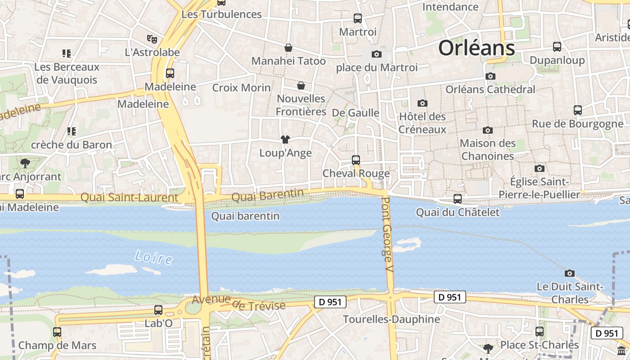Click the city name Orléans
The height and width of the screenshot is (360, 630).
click(476, 48)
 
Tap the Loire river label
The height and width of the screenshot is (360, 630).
click(153, 258)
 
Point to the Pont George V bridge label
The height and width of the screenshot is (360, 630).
click(387, 234)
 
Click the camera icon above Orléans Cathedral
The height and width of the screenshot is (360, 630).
click(490, 76)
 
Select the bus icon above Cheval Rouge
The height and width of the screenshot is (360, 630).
click(356, 160)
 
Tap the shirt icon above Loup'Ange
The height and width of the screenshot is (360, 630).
click(285, 139)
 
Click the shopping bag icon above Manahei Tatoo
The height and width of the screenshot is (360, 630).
click(288, 48)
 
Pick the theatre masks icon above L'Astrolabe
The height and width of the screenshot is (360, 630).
click(152, 39)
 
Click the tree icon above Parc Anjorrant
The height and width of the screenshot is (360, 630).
click(25, 163)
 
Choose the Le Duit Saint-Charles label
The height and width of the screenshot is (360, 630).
click(570, 293)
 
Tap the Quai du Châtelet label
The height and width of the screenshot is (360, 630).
click(458, 212)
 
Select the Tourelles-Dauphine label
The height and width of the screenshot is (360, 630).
click(391, 319)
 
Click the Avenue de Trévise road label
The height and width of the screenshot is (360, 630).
click(238, 302)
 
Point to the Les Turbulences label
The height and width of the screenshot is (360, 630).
click(221, 14)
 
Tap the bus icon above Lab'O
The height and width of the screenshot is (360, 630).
click(158, 310)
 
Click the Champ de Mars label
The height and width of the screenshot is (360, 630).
click(57, 346)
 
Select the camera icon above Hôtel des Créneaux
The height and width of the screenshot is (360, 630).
click(422, 103)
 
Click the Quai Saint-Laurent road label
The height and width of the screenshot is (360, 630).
click(129, 198)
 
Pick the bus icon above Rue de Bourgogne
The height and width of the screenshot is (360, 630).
click(578, 110)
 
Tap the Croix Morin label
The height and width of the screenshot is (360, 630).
click(241, 88)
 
